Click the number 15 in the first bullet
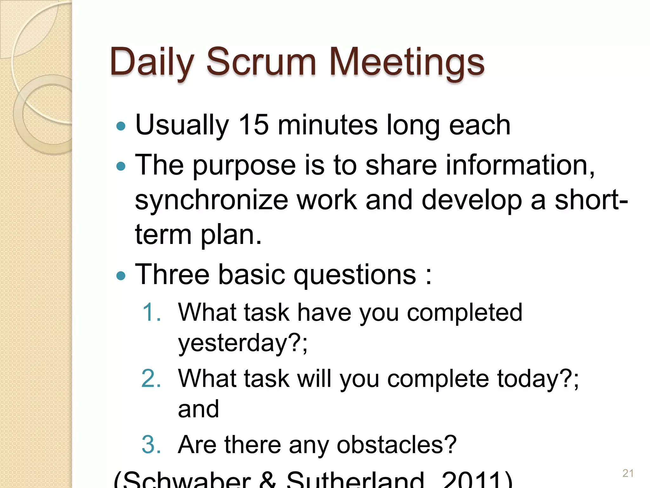click(253, 125)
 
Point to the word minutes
click(328, 125)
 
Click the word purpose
click(244, 165)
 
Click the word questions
click(355, 275)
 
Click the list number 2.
click(151, 378)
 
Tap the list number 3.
click(151, 444)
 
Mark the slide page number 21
click(628, 473)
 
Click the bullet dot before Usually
click(121, 126)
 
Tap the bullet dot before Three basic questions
click(121, 275)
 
